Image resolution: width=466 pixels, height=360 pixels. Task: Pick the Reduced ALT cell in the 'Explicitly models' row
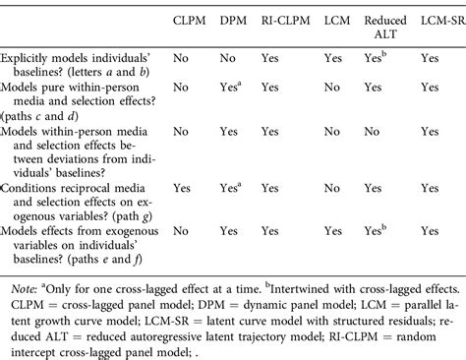coord(375,59)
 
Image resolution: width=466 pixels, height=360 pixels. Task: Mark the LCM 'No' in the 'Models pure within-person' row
coord(332,88)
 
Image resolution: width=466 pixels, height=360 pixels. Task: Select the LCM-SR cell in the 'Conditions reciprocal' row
coord(431,186)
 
